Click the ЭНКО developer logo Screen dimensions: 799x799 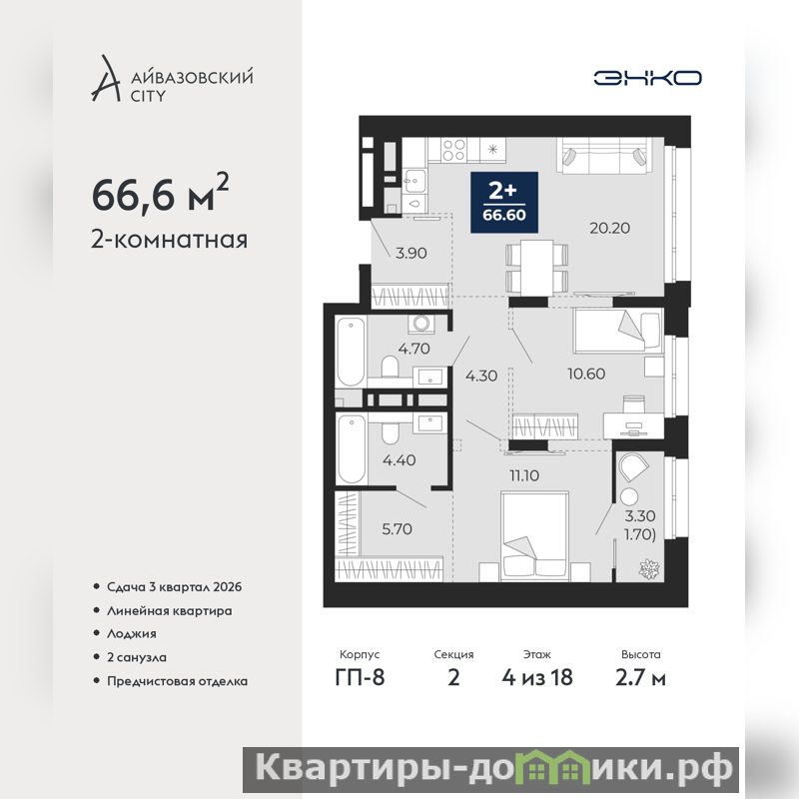click(x=647, y=78)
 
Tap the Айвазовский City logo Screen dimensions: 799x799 click(x=172, y=79)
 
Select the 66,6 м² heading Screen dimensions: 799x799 click(x=160, y=193)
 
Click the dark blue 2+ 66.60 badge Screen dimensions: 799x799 click(x=504, y=203)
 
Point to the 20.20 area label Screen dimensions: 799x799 click(x=609, y=228)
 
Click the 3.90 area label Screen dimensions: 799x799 click(x=411, y=253)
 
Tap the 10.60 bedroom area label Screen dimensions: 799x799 click(x=586, y=374)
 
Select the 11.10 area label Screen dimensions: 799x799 click(x=524, y=475)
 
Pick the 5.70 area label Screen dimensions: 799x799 click(x=397, y=529)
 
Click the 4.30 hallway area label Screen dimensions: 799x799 click(x=481, y=376)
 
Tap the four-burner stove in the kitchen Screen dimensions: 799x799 click(x=453, y=150)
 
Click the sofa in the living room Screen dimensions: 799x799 click(x=604, y=156)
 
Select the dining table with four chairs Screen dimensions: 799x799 click(x=537, y=268)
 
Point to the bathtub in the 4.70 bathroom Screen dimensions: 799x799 click(x=351, y=353)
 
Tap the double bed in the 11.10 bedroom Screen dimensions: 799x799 click(x=534, y=536)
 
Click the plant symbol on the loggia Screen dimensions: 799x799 click(x=649, y=568)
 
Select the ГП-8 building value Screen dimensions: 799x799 click(x=360, y=678)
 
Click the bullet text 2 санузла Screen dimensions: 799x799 click(x=137, y=657)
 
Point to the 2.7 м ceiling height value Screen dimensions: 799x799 click(x=640, y=678)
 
